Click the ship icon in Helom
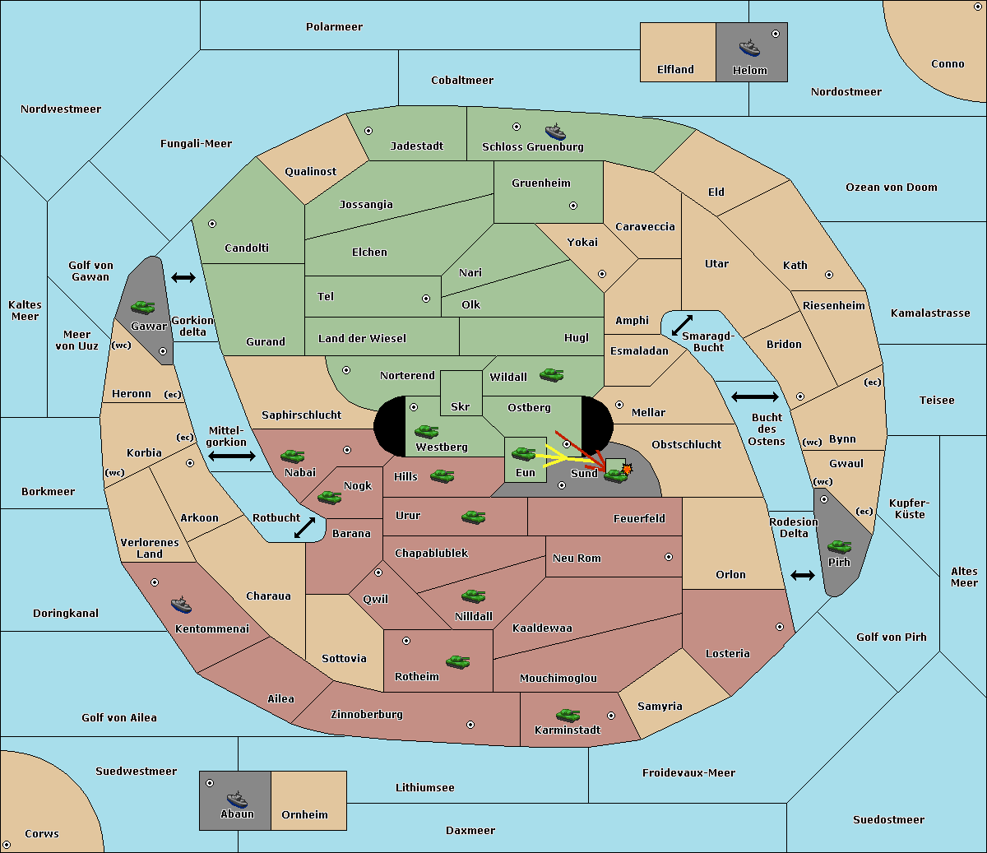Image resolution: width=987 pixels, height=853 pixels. [749, 48]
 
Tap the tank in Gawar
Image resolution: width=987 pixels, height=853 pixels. [143, 307]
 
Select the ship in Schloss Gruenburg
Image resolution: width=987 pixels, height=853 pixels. [555, 132]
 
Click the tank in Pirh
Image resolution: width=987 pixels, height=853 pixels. [839, 546]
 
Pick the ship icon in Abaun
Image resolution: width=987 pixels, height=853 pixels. [238, 799]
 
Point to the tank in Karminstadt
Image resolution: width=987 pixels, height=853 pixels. [568, 716]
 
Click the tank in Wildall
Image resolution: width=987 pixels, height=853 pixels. [552, 375]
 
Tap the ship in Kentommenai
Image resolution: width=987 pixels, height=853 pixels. [181, 605]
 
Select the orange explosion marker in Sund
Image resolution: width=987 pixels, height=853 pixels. [627, 469]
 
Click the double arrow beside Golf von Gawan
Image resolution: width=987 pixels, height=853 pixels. [183, 277]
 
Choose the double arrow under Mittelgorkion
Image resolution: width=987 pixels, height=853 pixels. [232, 456]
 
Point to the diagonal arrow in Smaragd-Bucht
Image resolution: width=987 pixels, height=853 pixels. [682, 325]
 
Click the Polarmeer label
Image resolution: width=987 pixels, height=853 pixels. [334, 27]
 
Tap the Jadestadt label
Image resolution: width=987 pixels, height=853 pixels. [417, 146]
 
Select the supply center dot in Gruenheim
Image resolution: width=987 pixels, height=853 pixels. [573, 206]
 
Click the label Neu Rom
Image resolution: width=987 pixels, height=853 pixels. [577, 558]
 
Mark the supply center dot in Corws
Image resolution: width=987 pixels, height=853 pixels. [7, 845]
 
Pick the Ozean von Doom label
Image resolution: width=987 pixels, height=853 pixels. [892, 188]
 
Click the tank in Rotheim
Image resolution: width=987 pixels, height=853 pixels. [458, 661]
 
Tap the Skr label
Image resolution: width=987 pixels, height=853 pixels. [461, 406]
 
